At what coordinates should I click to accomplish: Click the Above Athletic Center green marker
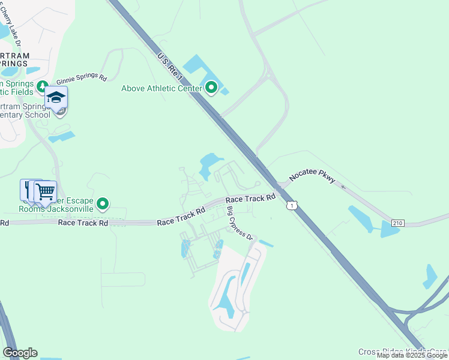pyautogui.click(x=211, y=89)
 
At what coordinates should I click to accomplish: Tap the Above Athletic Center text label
pyautogui.click(x=162, y=89)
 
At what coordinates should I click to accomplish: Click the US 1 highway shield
pyautogui.click(x=291, y=206)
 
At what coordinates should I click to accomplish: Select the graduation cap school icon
pyautogui.click(x=56, y=98)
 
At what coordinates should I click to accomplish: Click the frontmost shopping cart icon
pyautogui.click(x=45, y=192)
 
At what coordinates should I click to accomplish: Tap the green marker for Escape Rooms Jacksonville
pyautogui.click(x=103, y=205)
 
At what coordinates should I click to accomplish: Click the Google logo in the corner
pyautogui.click(x=20, y=353)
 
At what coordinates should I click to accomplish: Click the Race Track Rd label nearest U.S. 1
pyautogui.click(x=250, y=198)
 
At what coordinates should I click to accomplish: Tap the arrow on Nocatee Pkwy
pyautogui.click(x=344, y=186)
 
